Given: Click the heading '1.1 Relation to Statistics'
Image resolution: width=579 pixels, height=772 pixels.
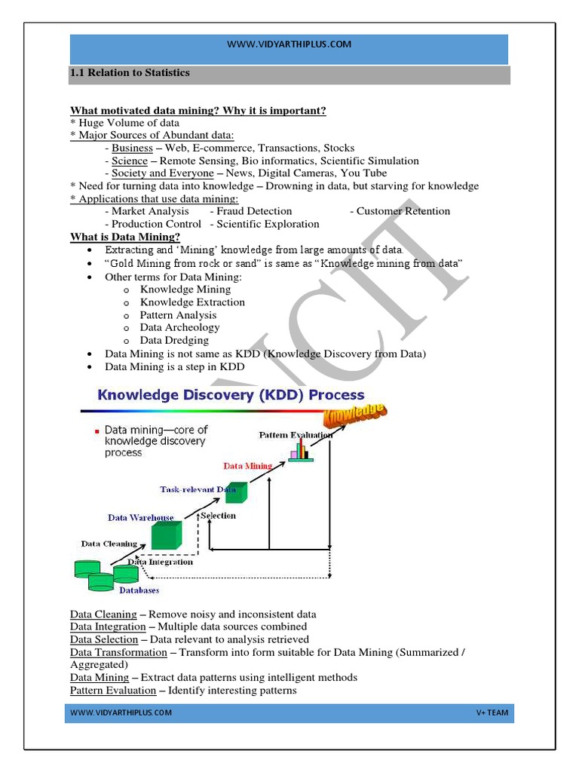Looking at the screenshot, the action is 130,74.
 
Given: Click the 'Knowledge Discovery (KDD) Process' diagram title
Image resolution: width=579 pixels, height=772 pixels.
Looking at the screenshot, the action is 229,395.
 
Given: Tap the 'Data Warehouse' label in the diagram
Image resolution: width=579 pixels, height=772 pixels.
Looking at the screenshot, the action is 140,518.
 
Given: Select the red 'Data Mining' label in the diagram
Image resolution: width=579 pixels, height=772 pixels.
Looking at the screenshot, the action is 247,466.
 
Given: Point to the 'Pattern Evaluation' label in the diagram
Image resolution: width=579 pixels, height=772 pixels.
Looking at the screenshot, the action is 296,435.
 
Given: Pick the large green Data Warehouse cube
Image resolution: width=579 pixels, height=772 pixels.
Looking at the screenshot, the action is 166,535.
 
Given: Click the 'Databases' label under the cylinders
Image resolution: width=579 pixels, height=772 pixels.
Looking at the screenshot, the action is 138,590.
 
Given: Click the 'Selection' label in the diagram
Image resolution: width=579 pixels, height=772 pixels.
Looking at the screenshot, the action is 218,516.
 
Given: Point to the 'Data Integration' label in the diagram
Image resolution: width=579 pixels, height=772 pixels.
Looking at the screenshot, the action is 160,562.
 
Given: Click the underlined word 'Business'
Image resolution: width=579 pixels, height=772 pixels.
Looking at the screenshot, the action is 132,149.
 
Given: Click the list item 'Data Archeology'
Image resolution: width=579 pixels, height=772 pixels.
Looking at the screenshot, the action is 179,327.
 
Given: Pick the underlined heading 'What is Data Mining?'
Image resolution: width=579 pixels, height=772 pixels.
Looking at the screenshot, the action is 125,237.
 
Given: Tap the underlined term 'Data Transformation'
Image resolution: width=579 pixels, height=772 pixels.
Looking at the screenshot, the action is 118,652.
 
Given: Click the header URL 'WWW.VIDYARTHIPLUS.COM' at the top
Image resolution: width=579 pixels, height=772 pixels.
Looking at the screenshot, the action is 289,44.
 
